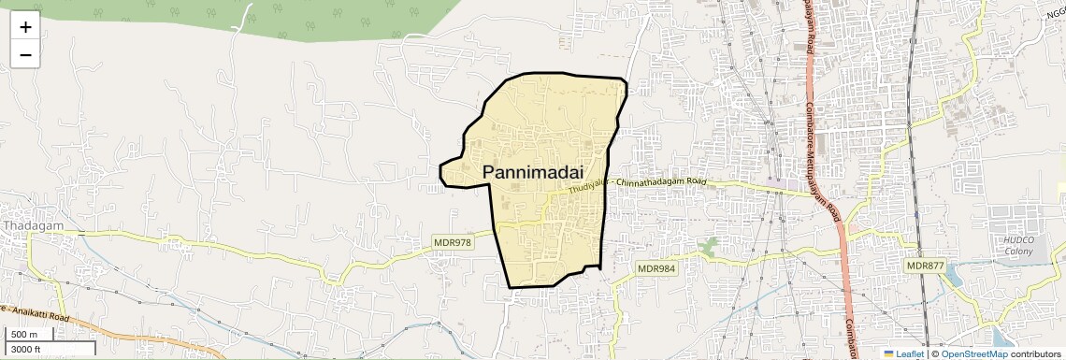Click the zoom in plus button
click(x=25, y=26)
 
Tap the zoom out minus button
click(x=25, y=54)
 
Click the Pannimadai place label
click(x=533, y=172)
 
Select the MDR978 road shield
click(x=454, y=242)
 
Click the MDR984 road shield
click(x=656, y=268)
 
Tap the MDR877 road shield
click(x=925, y=266)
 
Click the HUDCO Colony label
click(x=1018, y=245)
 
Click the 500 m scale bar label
click(x=24, y=335)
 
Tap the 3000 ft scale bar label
click(x=27, y=350)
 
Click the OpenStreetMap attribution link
click(x=974, y=353)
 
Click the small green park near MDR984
click(x=710, y=247)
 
